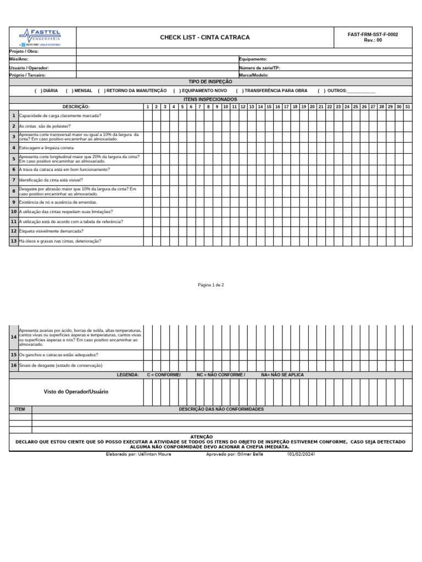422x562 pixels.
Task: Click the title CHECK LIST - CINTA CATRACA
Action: point(204,37)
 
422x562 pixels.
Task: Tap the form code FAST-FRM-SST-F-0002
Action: point(373,35)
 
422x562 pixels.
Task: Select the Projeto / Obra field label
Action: point(24,51)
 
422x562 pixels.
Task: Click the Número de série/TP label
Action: point(259,68)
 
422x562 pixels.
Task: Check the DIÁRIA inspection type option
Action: point(46,91)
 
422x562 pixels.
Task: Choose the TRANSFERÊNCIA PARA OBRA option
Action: point(271,91)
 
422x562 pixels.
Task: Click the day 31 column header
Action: point(407,106)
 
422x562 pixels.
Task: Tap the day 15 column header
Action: point(269,106)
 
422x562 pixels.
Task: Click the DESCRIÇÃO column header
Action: point(76,106)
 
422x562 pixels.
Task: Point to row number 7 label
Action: point(14,180)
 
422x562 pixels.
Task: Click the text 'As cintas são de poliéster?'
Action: point(45,126)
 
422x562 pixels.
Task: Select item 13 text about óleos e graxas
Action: point(60,241)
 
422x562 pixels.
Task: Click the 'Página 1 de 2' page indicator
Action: point(211,285)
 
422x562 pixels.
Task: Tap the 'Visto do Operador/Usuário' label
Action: point(76,392)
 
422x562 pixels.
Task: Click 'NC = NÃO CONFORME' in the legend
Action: point(221,375)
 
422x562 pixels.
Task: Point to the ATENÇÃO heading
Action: point(201,437)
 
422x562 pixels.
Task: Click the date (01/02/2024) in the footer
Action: point(301,454)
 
